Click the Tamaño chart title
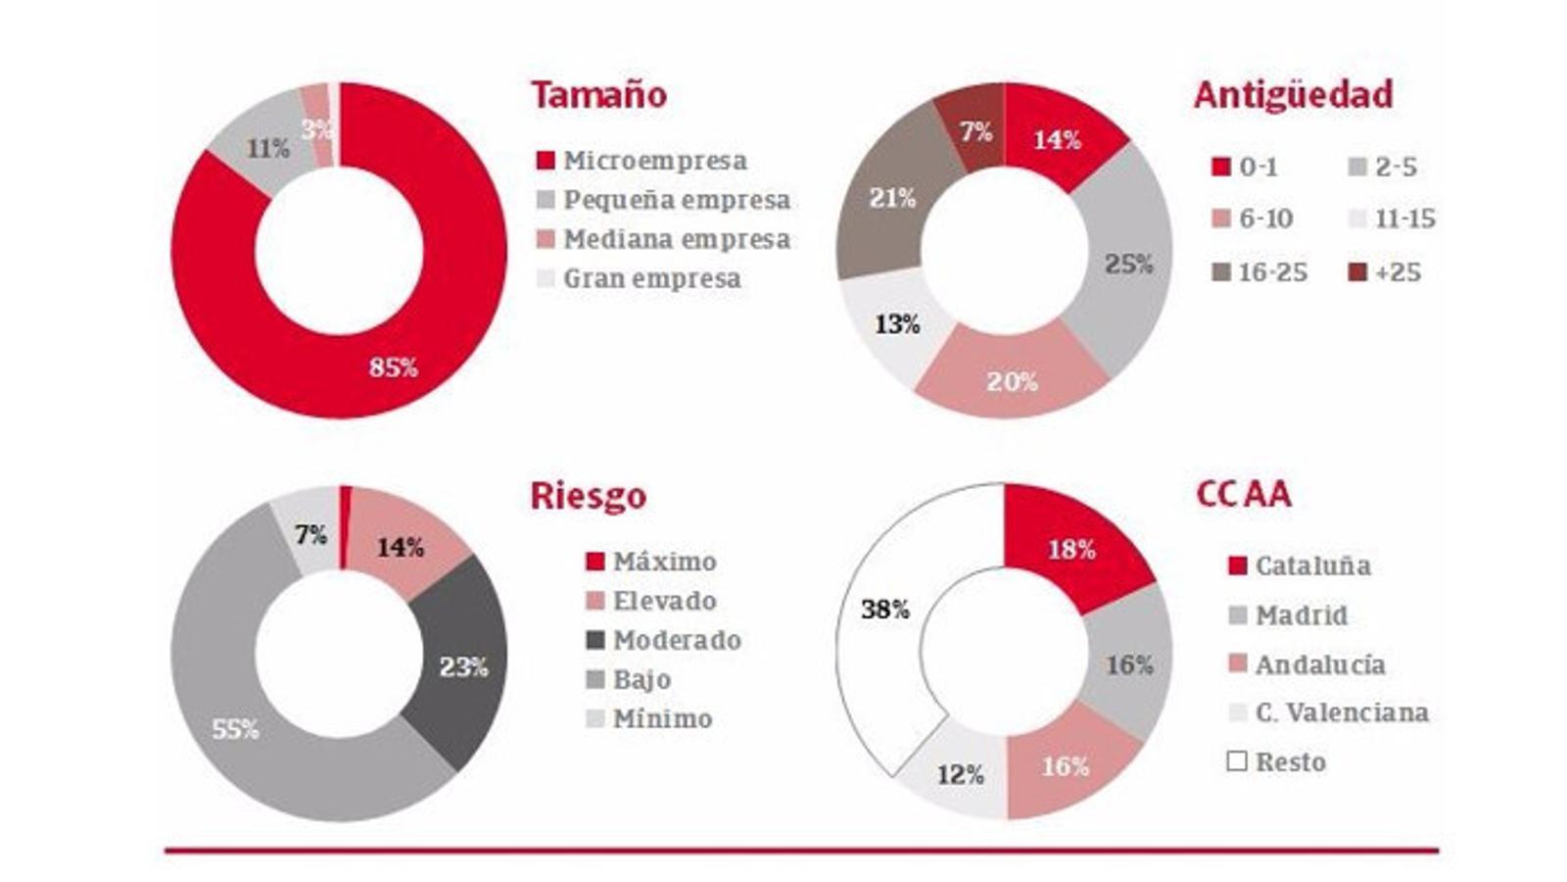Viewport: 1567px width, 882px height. coord(598,95)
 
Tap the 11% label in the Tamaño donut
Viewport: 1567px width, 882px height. coord(267,149)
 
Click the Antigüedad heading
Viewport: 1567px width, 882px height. coord(1293,95)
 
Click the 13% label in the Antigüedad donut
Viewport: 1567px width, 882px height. coord(897,324)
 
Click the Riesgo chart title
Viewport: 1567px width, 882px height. coord(588,496)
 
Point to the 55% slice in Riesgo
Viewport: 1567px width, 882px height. coord(236,729)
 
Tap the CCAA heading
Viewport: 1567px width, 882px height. coord(1243,494)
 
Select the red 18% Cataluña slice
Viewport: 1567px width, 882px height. coord(1071,550)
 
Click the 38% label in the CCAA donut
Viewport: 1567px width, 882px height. coord(885,610)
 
